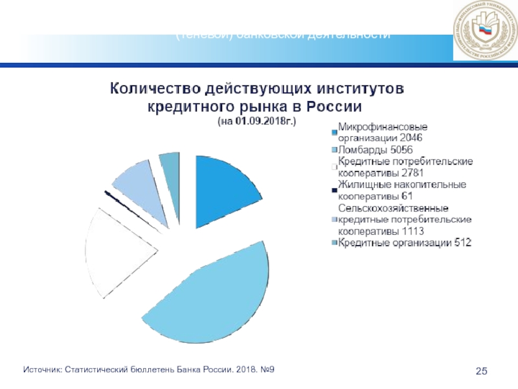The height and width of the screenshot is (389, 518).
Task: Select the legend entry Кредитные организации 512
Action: (x=405, y=243)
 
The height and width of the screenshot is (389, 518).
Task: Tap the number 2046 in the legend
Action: (x=409, y=137)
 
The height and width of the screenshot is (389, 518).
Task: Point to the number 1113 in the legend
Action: (x=414, y=231)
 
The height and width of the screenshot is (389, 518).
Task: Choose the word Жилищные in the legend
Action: (x=361, y=185)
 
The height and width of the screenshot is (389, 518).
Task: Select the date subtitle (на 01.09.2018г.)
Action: (x=258, y=121)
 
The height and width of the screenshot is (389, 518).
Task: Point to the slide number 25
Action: (x=481, y=370)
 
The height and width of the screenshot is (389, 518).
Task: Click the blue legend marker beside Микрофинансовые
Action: (x=334, y=132)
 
